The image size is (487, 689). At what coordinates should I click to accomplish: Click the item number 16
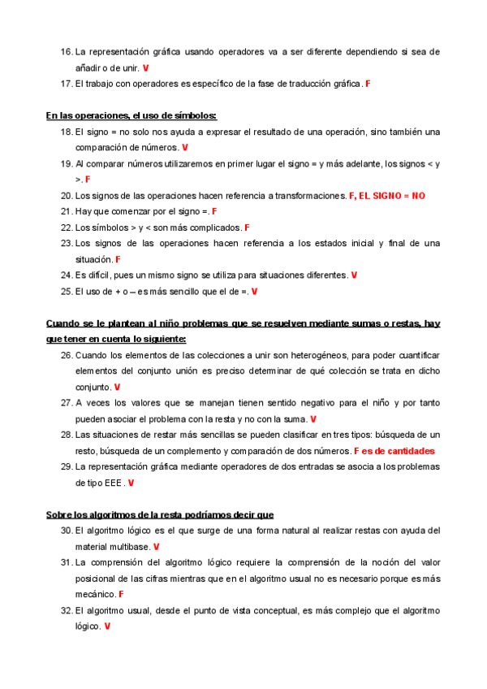tap(67, 51)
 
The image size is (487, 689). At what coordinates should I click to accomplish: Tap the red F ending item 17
tap(368, 84)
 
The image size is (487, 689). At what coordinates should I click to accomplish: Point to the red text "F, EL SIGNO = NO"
tap(387, 196)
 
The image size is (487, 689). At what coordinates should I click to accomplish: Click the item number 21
tap(67, 211)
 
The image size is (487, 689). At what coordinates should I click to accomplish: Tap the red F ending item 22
tap(247, 227)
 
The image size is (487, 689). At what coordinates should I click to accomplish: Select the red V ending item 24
tap(354, 275)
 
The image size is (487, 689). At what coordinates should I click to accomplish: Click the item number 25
tap(67, 291)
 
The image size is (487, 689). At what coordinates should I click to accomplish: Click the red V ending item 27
tap(312, 419)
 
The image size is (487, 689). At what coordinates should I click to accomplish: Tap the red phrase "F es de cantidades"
tap(394, 451)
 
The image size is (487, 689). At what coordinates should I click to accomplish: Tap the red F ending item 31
tap(121, 595)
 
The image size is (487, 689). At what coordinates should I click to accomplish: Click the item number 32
tap(67, 610)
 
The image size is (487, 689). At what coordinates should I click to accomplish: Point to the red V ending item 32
tap(107, 626)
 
